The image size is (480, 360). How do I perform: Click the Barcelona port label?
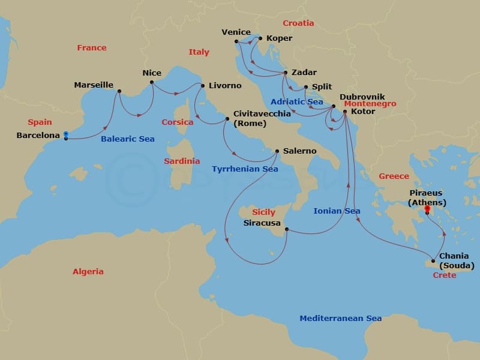pyautogui.click(x=38, y=136)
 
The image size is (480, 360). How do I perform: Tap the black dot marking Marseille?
pyautogui.click(x=119, y=91)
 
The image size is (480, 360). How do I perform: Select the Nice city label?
pyautogui.click(x=152, y=73)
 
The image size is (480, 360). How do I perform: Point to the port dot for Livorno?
pyautogui.click(x=202, y=85)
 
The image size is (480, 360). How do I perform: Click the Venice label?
pyautogui.click(x=236, y=32)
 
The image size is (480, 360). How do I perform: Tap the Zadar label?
pyautogui.click(x=304, y=71)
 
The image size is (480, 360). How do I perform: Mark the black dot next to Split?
pyautogui.click(x=306, y=87)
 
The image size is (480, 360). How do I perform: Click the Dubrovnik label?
pyautogui.click(x=362, y=97)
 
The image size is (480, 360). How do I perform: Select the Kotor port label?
pyautogui.click(x=363, y=112)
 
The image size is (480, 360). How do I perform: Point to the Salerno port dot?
pyautogui.click(x=277, y=151)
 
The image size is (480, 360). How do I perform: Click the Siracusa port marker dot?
pyautogui.click(x=286, y=229)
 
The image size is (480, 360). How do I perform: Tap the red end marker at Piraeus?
pyautogui.click(x=427, y=209)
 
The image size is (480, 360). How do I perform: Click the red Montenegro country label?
pyautogui.click(x=370, y=104)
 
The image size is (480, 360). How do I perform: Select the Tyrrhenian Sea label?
pyautogui.click(x=245, y=169)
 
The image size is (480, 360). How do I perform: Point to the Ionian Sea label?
pyautogui.click(x=337, y=211)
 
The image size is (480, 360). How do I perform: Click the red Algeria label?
pyautogui.click(x=88, y=271)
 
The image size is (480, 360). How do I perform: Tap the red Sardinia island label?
pyautogui.click(x=182, y=161)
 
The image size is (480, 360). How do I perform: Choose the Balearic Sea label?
pyautogui.click(x=127, y=139)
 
